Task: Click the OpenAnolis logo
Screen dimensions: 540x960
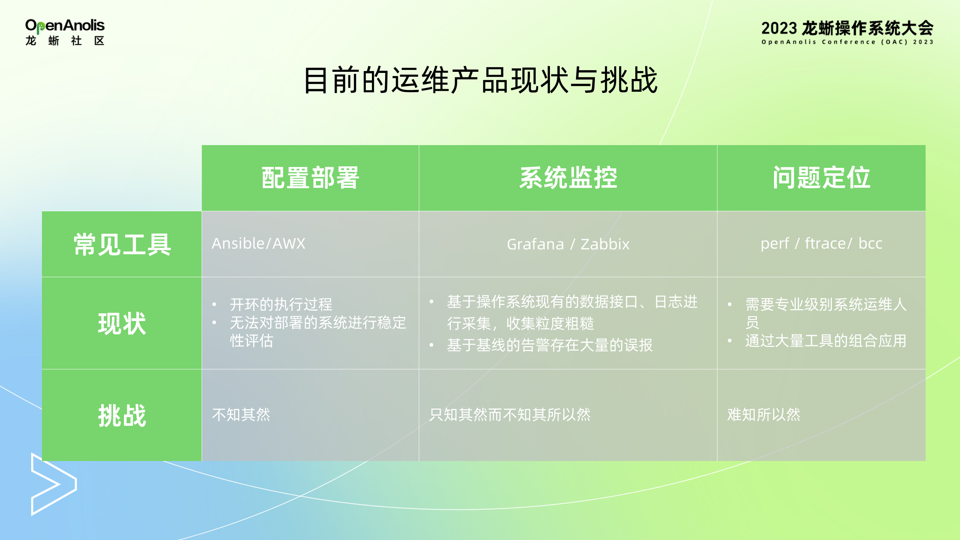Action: (65, 32)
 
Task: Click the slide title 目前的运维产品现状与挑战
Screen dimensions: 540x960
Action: (480, 80)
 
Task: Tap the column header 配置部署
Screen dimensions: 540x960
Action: (310, 178)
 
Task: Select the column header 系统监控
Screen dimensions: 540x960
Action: (568, 178)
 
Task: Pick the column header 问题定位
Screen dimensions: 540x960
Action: (821, 178)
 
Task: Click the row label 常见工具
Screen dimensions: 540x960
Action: (122, 244)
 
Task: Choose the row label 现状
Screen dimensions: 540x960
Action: (122, 323)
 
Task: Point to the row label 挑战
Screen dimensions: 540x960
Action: (122, 415)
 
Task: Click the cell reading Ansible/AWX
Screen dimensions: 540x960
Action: (259, 244)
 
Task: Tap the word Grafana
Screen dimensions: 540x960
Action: (535, 244)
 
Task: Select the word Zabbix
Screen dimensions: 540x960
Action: (605, 244)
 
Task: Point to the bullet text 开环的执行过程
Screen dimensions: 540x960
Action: (281, 304)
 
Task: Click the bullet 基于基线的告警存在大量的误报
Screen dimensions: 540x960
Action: (550, 345)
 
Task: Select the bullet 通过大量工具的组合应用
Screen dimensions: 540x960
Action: (826, 341)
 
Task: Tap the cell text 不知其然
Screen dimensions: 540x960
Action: (241, 415)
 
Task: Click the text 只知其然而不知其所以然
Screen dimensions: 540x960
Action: (509, 415)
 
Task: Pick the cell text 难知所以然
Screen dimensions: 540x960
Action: (763, 415)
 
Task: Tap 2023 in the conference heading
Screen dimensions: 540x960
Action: (779, 29)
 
